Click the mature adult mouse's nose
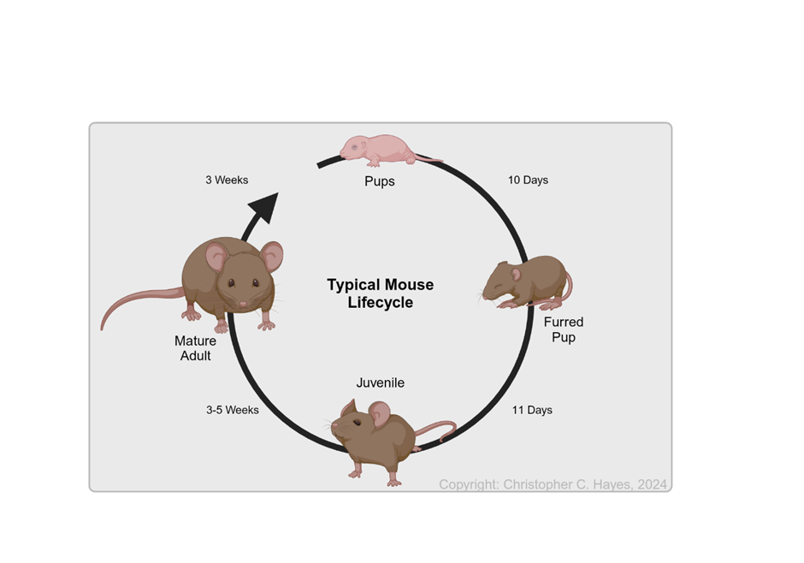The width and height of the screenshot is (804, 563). [x=243, y=304]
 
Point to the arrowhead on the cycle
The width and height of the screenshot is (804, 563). [x=265, y=208]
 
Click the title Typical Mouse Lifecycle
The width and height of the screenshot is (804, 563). [x=380, y=293]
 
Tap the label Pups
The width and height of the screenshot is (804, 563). [x=380, y=181]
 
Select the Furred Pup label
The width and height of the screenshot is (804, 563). [x=564, y=329]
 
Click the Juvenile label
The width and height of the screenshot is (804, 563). [x=380, y=382]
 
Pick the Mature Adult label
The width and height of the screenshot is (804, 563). [x=195, y=348]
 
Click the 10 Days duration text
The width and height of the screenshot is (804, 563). [x=528, y=180]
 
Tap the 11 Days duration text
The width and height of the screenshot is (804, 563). [x=532, y=410]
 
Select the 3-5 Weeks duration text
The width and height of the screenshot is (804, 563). [x=232, y=410]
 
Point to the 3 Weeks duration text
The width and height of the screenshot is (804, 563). [x=227, y=180]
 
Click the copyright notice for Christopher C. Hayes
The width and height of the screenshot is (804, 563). [x=553, y=484]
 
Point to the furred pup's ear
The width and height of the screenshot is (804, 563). [x=516, y=274]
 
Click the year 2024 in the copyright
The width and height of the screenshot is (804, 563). [x=651, y=484]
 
